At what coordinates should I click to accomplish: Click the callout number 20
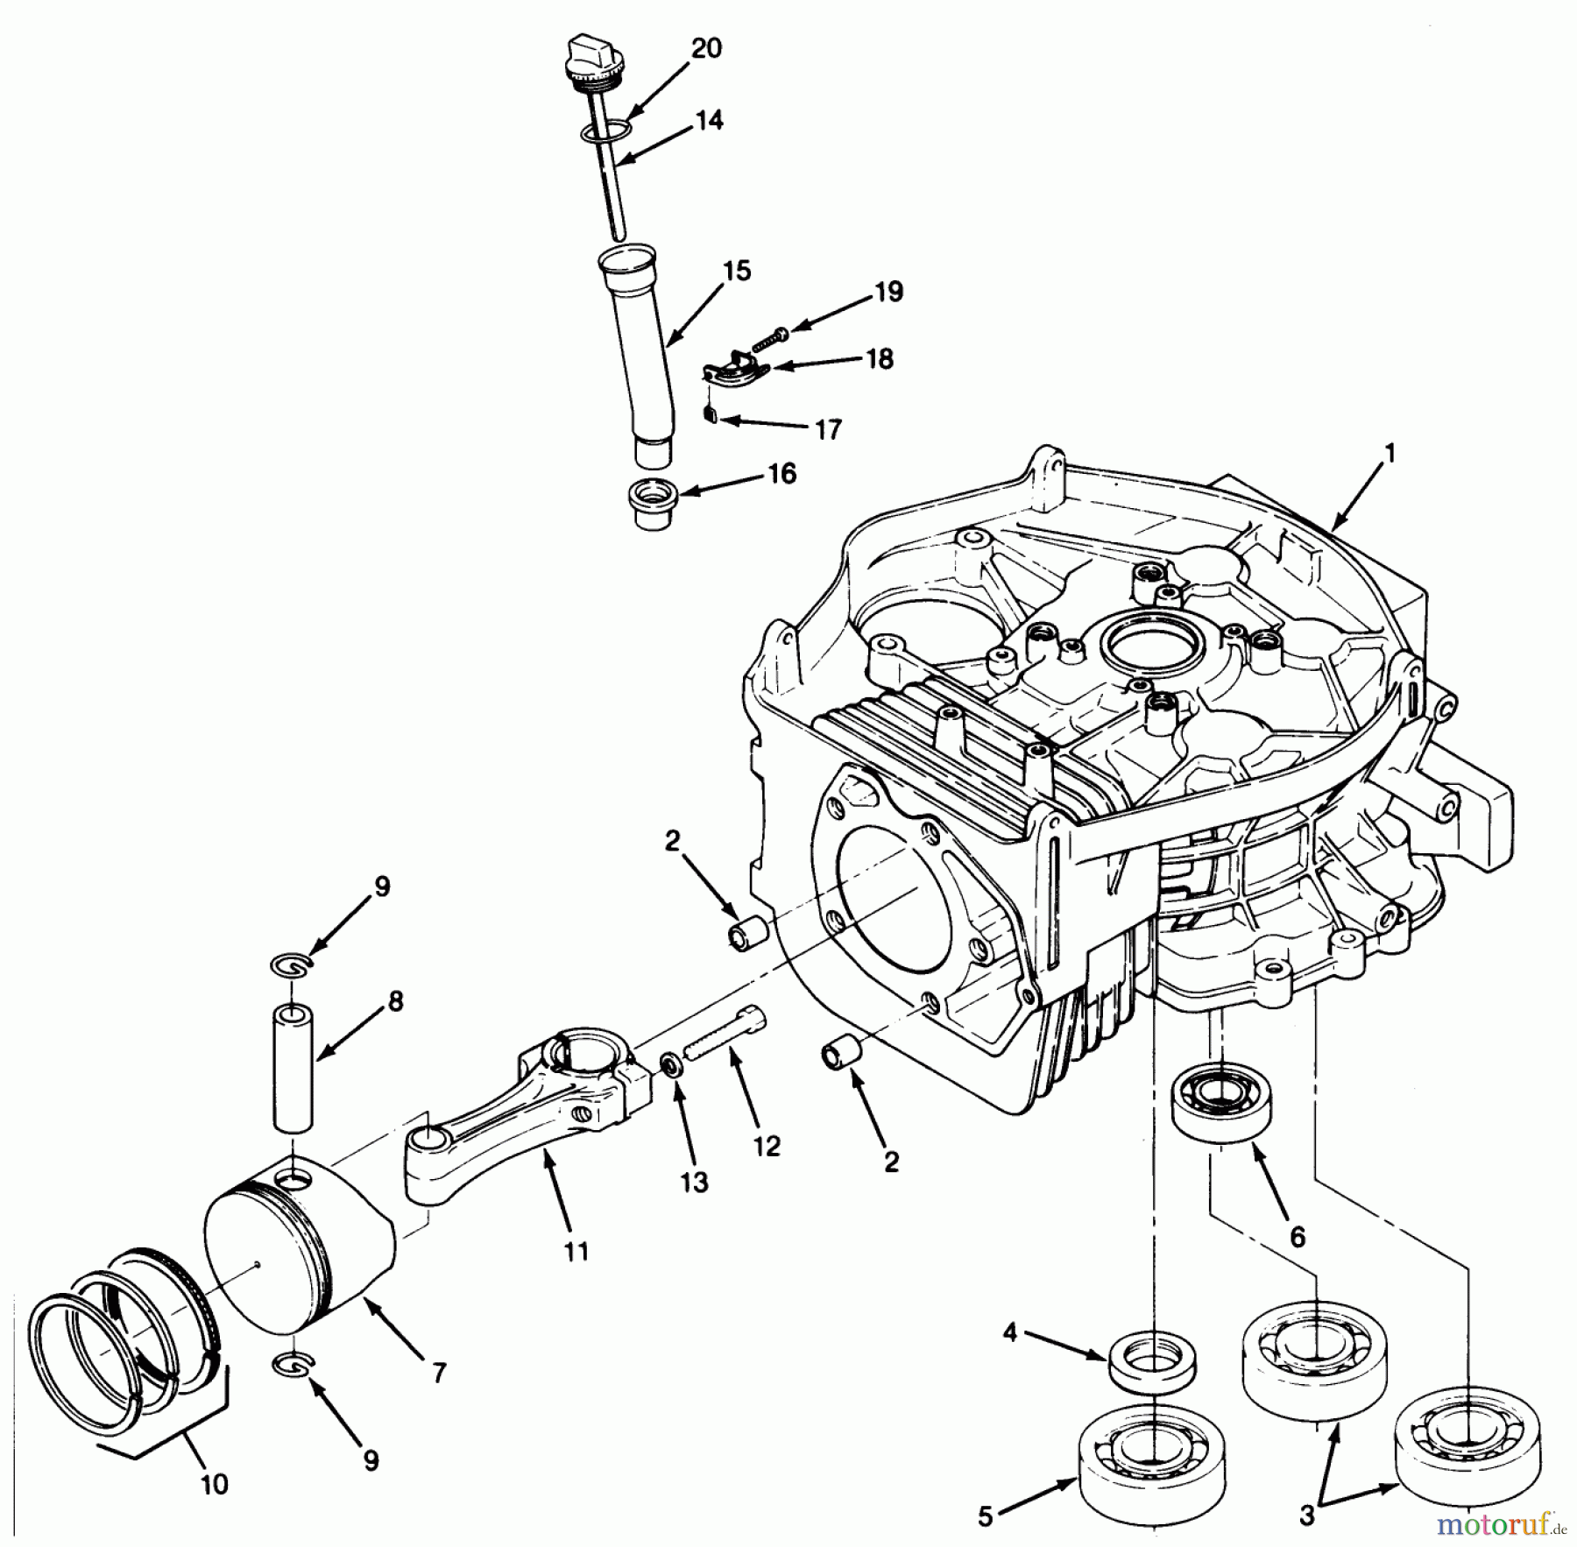click(x=706, y=48)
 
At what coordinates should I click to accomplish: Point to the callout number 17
click(x=828, y=429)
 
